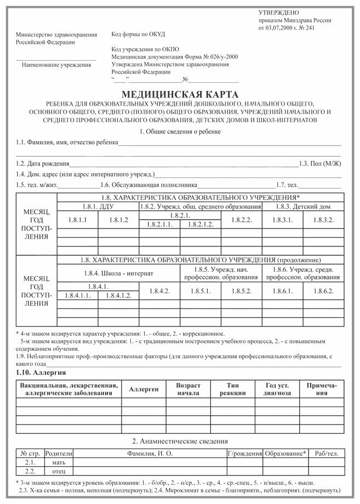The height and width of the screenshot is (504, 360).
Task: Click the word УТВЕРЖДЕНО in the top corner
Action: pyautogui.click(x=279, y=13)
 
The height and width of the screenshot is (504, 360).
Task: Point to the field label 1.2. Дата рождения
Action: pyautogui.click(x=43, y=163)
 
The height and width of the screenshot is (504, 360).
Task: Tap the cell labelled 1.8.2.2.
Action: pyautogui.click(x=241, y=219)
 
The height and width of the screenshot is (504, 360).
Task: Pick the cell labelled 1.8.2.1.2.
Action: pyautogui.click(x=201, y=225)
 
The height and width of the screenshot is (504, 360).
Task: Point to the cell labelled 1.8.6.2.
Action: pyautogui.click(x=324, y=291)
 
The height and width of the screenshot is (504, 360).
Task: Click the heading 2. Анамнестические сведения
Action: pyautogui.click(x=180, y=440)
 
